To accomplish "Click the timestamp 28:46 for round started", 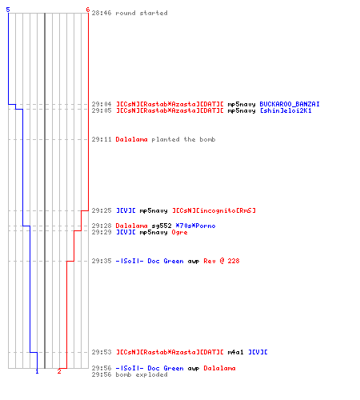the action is click(x=102, y=13).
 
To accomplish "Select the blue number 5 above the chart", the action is click(x=8, y=10).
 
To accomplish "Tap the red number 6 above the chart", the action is click(x=88, y=10).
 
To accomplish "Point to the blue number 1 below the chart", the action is click(x=37, y=371).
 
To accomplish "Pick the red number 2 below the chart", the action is click(x=59, y=371).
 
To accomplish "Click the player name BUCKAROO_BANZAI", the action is click(x=290, y=104).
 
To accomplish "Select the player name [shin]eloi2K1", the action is click(x=286, y=110).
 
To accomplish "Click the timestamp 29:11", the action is click(x=102, y=139).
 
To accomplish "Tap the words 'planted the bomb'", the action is click(x=183, y=139).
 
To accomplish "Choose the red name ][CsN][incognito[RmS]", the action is click(x=214, y=210).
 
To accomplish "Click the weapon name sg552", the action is click(x=162, y=226).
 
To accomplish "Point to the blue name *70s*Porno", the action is click(x=195, y=226).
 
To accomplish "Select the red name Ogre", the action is click(x=179, y=233).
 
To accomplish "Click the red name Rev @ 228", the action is click(x=222, y=261).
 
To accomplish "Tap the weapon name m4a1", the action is click(x=235, y=352).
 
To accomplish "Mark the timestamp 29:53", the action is click(x=102, y=352).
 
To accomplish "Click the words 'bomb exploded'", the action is click(x=142, y=374).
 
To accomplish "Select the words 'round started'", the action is click(x=142, y=13).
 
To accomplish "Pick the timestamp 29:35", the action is click(x=102, y=261).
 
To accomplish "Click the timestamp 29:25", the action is click(x=102, y=210).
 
